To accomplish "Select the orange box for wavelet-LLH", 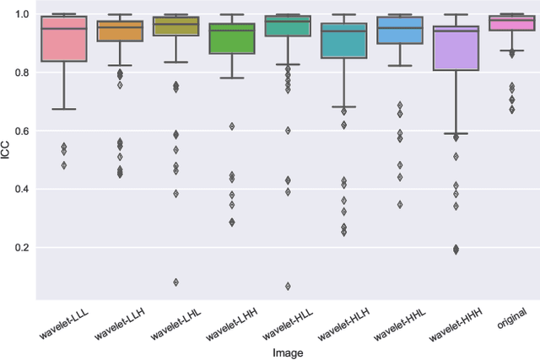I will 120,31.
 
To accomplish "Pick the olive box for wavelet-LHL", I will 175,26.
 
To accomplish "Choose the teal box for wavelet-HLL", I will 287,26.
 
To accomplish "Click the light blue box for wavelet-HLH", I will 343,40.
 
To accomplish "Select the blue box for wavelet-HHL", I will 399,30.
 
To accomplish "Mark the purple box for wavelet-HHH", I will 455,48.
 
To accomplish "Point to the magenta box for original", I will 510,23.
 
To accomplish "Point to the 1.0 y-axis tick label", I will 21,14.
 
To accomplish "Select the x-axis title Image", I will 288,352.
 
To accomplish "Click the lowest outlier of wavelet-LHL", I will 175,282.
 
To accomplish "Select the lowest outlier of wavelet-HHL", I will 399,204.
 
